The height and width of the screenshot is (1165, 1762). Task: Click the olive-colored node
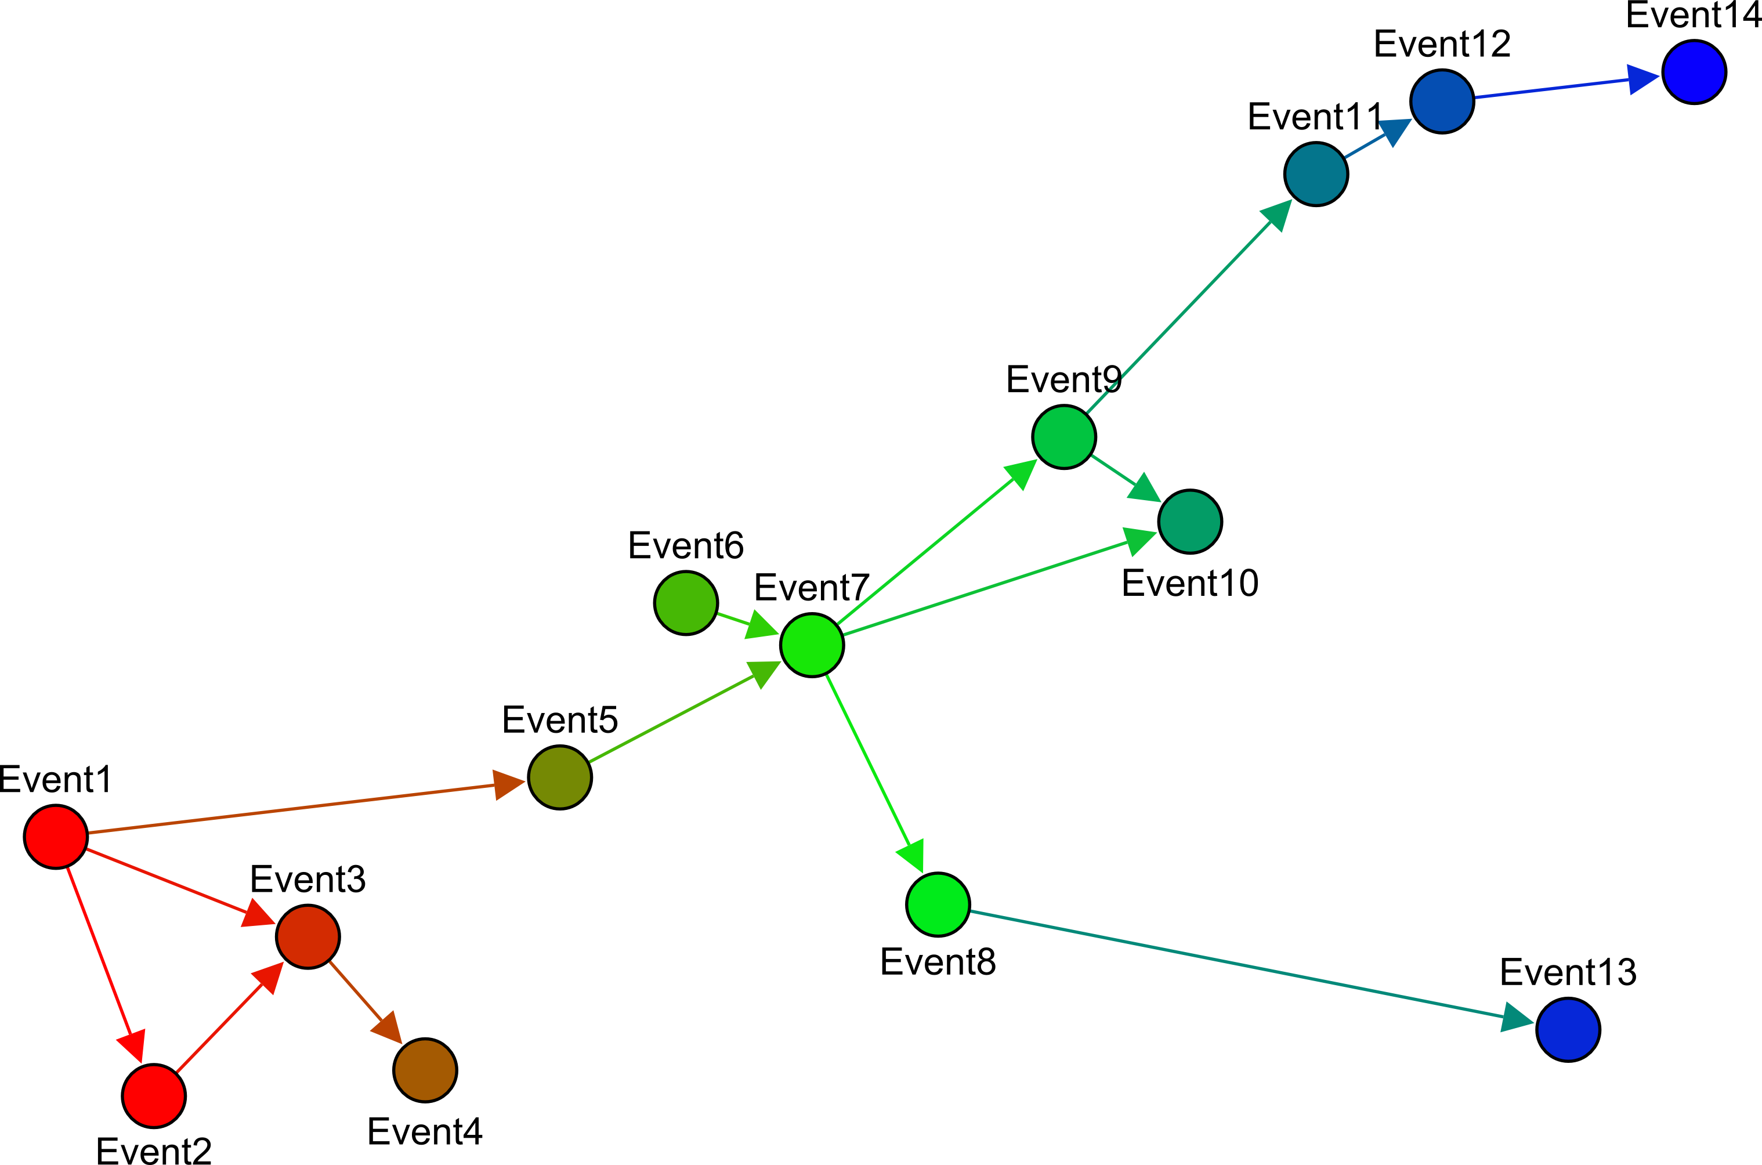(x=559, y=777)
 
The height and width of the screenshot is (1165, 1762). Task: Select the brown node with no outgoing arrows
(x=425, y=1070)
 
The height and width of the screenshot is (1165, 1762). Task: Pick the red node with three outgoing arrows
(x=56, y=837)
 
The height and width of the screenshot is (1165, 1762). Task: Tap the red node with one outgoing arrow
(x=154, y=1096)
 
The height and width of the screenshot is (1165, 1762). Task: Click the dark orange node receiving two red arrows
(x=307, y=937)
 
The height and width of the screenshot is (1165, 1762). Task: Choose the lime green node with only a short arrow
(x=686, y=603)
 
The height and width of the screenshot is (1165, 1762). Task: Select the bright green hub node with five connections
(x=812, y=645)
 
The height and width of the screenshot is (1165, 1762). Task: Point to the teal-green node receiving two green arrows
(x=1190, y=522)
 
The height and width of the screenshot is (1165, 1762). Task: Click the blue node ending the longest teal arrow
(x=1568, y=1030)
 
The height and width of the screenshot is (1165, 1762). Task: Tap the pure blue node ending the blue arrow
(x=1694, y=72)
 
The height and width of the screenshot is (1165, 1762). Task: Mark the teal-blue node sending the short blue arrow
(x=1316, y=174)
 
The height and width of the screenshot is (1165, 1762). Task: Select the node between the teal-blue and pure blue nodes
(x=1442, y=101)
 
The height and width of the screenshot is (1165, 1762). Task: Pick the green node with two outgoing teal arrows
(x=1063, y=437)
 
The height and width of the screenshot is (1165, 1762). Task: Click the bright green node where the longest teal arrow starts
(x=938, y=904)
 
